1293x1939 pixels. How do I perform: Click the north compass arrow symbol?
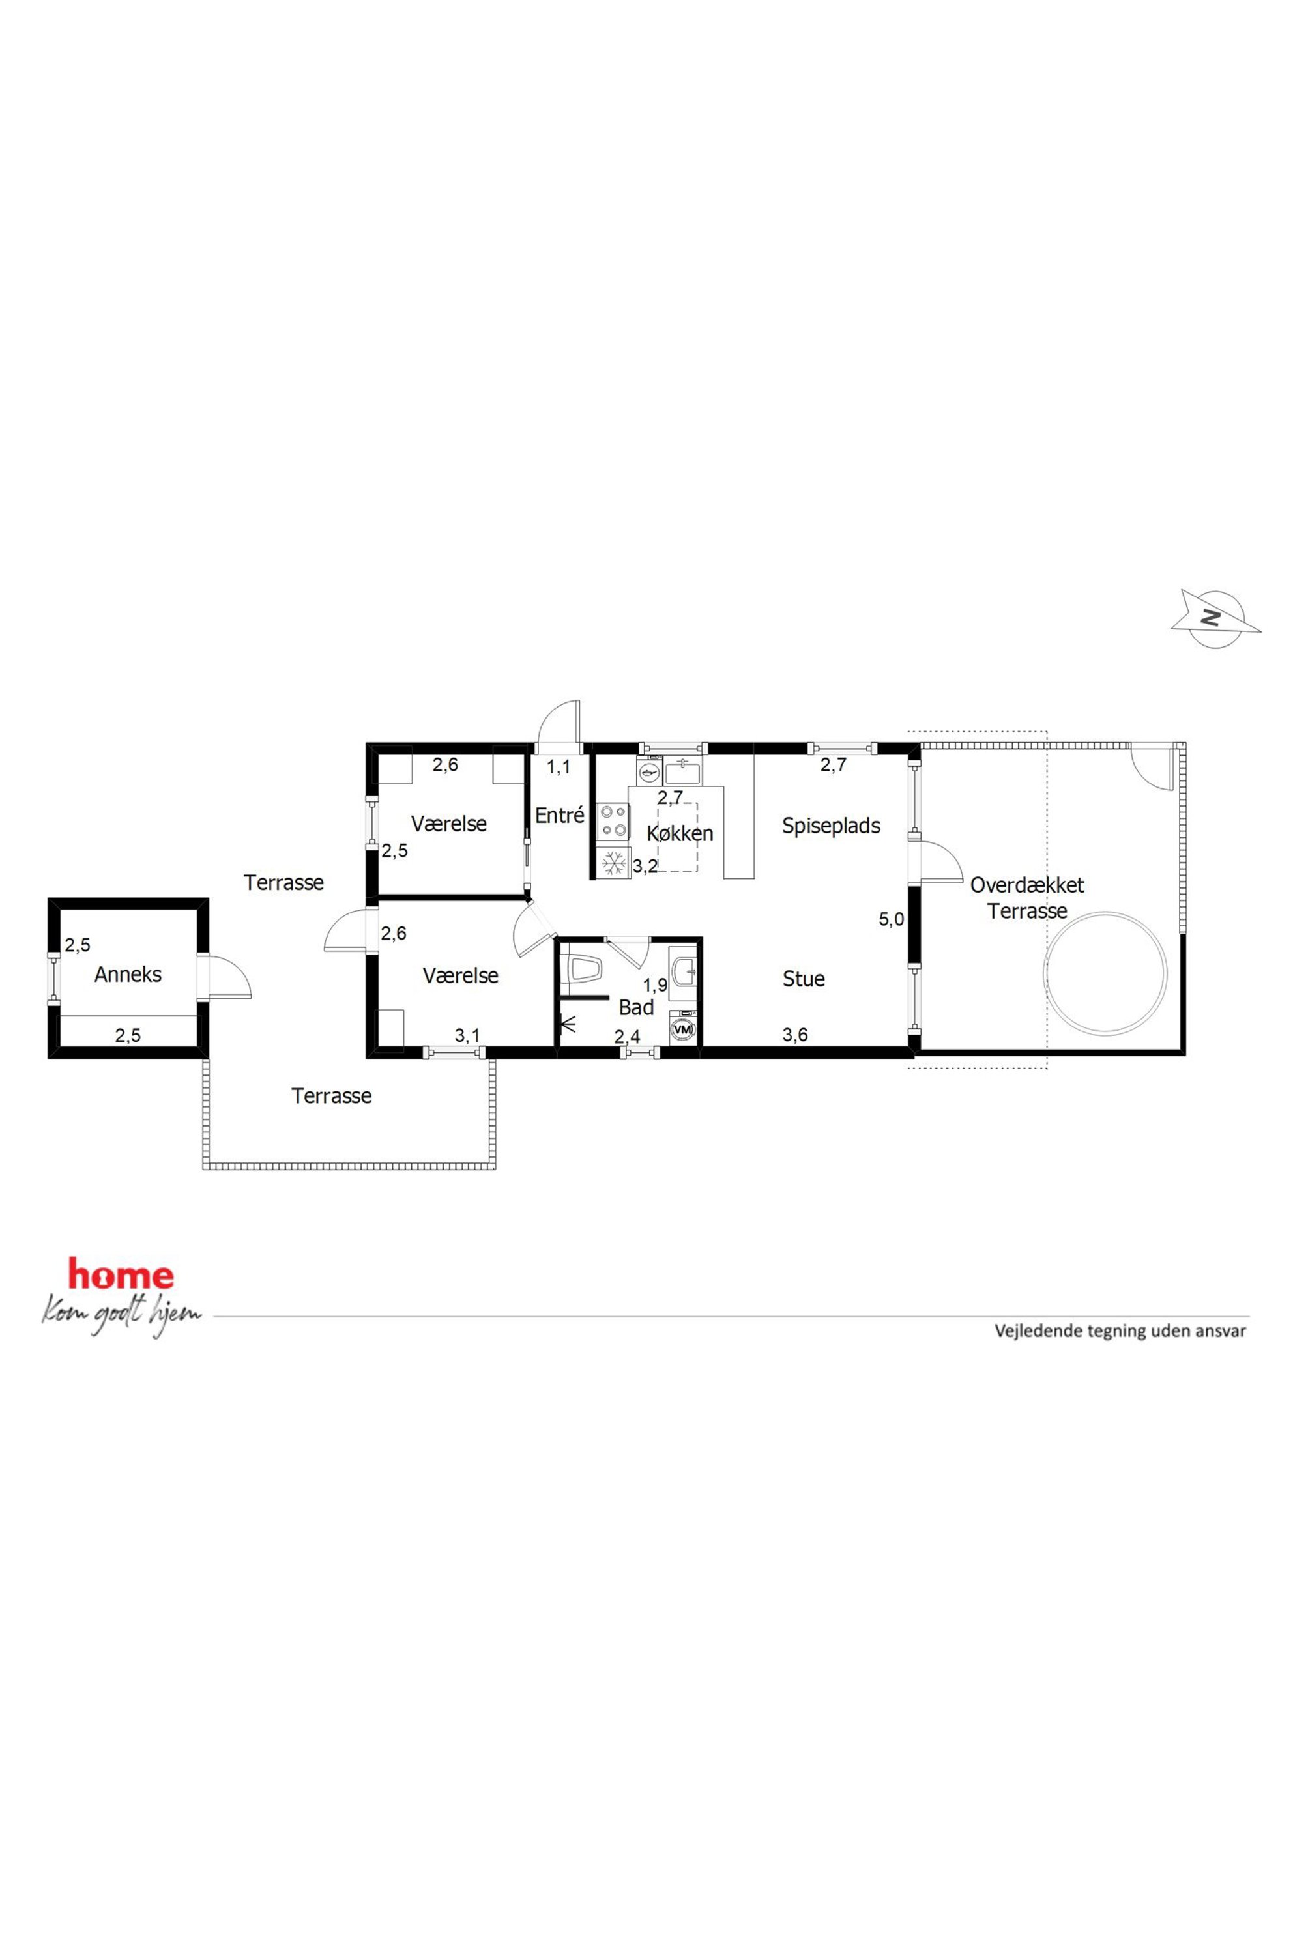[1215, 618]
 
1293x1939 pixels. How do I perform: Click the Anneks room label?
[128, 975]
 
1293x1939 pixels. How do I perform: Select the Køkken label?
[680, 833]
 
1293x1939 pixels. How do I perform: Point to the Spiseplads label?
[831, 826]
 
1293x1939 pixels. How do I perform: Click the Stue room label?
[803, 979]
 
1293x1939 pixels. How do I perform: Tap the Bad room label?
[636, 1007]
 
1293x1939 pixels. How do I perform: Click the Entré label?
[559, 815]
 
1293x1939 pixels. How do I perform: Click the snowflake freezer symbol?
[613, 863]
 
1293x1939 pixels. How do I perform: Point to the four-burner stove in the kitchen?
[613, 820]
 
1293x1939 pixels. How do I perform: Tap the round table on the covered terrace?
[1106, 972]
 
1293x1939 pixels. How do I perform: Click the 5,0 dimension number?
[892, 919]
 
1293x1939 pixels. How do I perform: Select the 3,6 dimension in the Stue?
[795, 1035]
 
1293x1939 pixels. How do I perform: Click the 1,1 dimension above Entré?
[559, 767]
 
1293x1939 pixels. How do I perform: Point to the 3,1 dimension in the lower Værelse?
[467, 1035]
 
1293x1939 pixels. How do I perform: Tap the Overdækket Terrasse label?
[1026, 898]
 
